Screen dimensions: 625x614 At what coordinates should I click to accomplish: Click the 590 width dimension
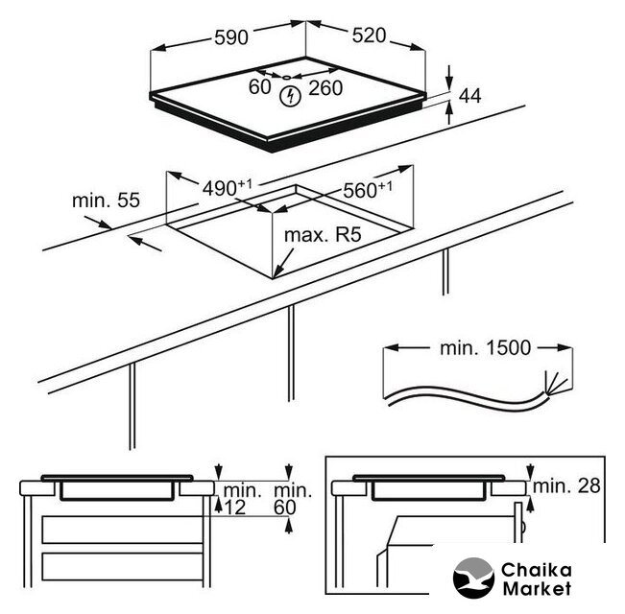point(231,37)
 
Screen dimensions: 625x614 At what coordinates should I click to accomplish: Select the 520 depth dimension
point(369,35)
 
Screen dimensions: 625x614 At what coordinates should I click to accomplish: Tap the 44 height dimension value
point(469,96)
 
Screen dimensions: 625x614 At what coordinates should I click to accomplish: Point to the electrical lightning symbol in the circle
point(290,97)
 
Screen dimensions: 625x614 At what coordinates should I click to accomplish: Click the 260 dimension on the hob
point(325,88)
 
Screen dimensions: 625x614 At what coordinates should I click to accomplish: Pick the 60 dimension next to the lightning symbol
point(259,86)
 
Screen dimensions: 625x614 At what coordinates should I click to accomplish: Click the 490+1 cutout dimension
point(228,187)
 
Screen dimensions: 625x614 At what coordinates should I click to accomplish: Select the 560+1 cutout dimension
point(368,190)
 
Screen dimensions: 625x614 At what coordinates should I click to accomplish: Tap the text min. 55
point(106,201)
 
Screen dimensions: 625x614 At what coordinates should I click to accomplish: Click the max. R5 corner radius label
point(323,234)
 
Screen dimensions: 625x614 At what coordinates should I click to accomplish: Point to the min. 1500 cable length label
point(485,348)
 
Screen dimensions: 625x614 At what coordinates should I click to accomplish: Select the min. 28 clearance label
point(566,485)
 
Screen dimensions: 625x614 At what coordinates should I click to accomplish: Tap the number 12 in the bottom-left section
point(235,508)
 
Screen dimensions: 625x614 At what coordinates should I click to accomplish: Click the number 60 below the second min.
point(284,508)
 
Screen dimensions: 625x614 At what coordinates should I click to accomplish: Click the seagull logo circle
point(473,578)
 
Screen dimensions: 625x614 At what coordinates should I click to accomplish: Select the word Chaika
point(537,570)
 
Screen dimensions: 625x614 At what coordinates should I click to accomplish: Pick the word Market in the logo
point(537,588)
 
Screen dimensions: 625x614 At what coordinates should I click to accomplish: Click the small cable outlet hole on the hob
point(287,78)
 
